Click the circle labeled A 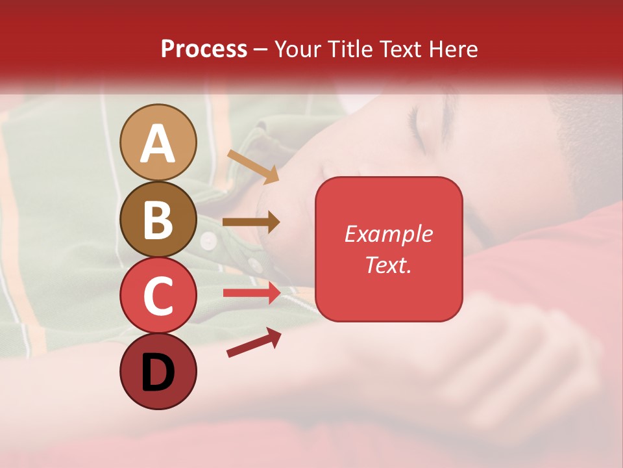[158, 142]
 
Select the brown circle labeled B [158, 219]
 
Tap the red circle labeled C [158, 296]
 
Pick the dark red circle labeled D [158, 371]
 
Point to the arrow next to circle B [251, 222]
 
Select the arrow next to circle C [252, 292]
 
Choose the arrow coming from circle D [254, 343]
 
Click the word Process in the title [204, 49]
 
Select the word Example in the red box [388, 234]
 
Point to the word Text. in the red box [388, 265]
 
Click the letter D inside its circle [158, 372]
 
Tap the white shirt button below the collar [208, 241]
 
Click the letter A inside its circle [158, 144]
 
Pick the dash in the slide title [260, 49]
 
